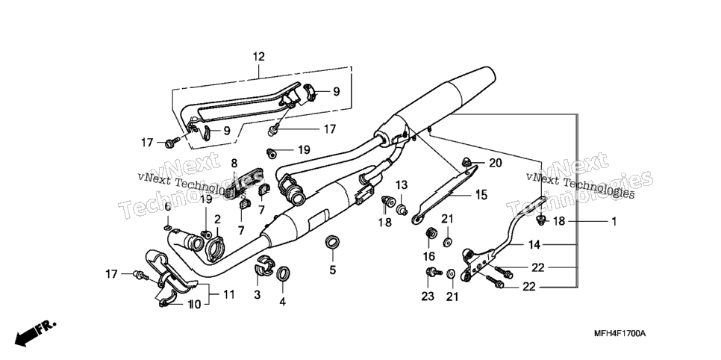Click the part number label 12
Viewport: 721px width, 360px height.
pos(259,57)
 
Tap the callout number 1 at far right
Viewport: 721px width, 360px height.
pos(613,221)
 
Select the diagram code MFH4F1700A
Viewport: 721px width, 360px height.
pos(619,333)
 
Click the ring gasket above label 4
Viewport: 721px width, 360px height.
pos(283,273)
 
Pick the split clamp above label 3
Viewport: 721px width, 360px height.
pos(264,264)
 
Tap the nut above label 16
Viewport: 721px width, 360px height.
pos(431,232)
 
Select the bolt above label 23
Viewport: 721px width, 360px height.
pos(434,272)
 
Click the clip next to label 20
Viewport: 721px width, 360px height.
pos(466,162)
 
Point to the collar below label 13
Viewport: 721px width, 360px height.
pos(402,210)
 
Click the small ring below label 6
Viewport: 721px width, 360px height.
pos(168,227)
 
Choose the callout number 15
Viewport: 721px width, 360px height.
pos(481,194)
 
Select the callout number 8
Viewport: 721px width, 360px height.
pos(234,163)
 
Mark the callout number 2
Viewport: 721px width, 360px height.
pos(217,219)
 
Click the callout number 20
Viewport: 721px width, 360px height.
pos(496,163)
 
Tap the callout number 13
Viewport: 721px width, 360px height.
pos(402,185)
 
